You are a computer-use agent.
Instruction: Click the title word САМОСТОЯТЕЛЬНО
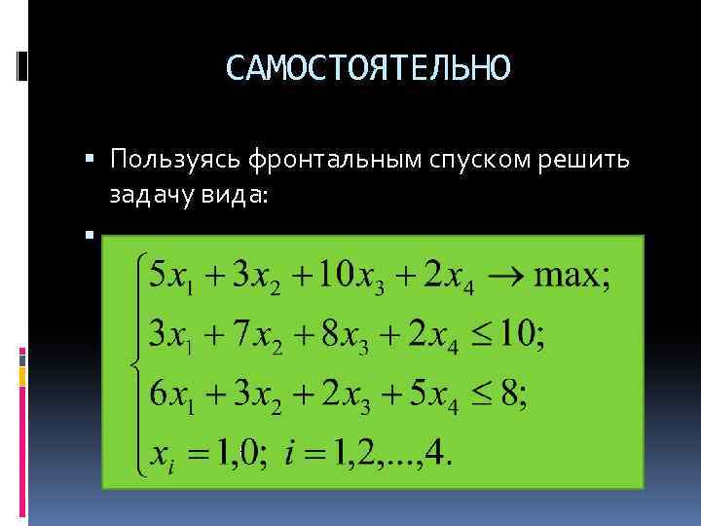(x=367, y=68)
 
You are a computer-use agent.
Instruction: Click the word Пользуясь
(x=178, y=158)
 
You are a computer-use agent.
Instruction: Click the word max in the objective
(x=566, y=276)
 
